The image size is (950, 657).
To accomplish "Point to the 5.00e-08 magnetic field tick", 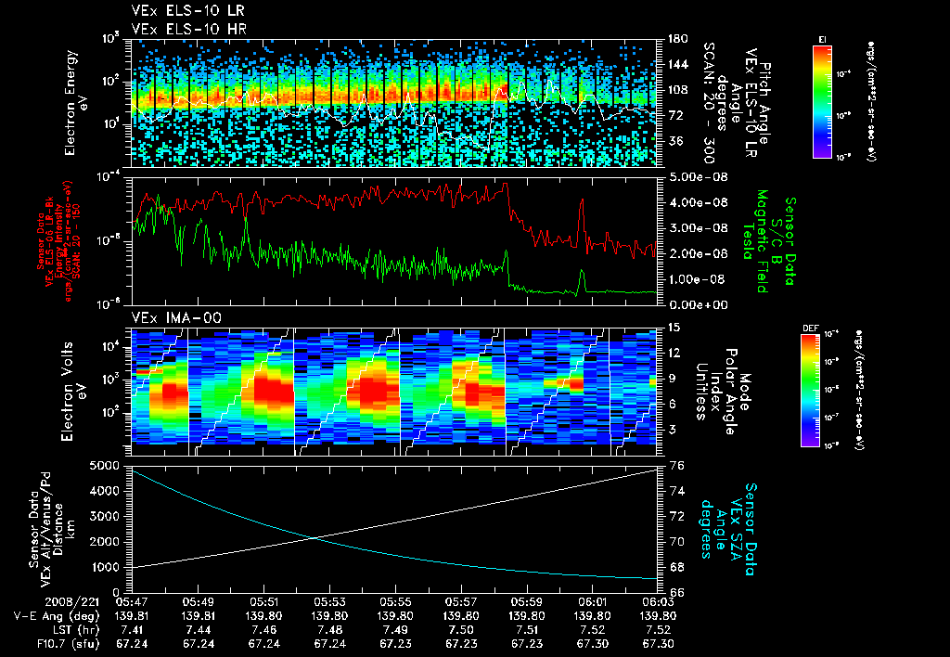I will tap(687, 176).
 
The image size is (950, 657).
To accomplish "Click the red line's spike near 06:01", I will tap(582, 200).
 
